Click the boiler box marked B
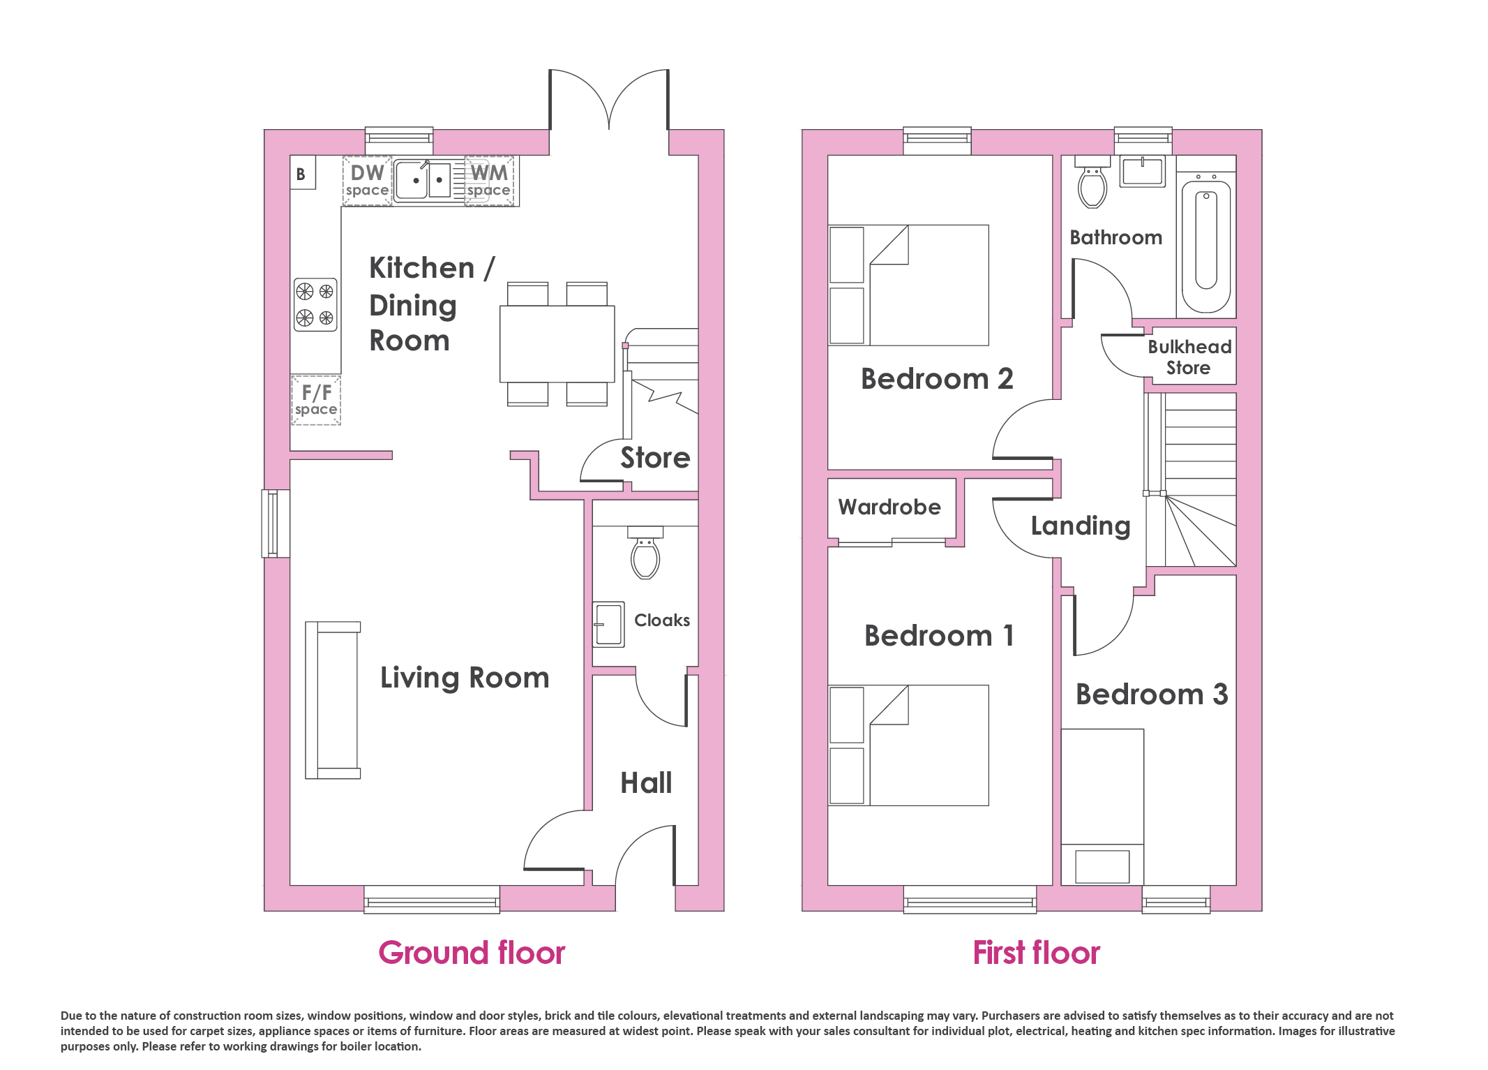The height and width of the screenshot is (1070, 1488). coord(303,172)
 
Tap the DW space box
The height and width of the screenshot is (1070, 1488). coord(367,181)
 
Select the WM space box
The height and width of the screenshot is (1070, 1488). coord(489,181)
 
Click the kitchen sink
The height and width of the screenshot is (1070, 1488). coord(423,181)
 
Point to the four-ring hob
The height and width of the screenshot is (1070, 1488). coord(315,304)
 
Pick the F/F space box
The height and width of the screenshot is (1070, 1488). coord(316,400)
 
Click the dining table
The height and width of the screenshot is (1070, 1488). coord(557,343)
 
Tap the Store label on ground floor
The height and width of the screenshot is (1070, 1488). coord(655,458)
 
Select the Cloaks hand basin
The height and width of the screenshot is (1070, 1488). coord(608,624)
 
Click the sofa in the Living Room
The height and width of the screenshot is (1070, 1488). coord(333,700)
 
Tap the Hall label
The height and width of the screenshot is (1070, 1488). coord(647,782)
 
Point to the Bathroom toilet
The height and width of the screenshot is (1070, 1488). coord(1092,183)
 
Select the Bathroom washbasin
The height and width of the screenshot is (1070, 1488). coord(1143,172)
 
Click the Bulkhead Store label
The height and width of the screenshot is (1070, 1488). coord(1189,357)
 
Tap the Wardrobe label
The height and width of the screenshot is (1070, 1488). coord(889,507)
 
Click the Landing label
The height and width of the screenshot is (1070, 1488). coord(1081,526)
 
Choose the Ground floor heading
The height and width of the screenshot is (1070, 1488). coord(472,953)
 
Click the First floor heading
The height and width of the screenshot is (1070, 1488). coord(1037,953)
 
